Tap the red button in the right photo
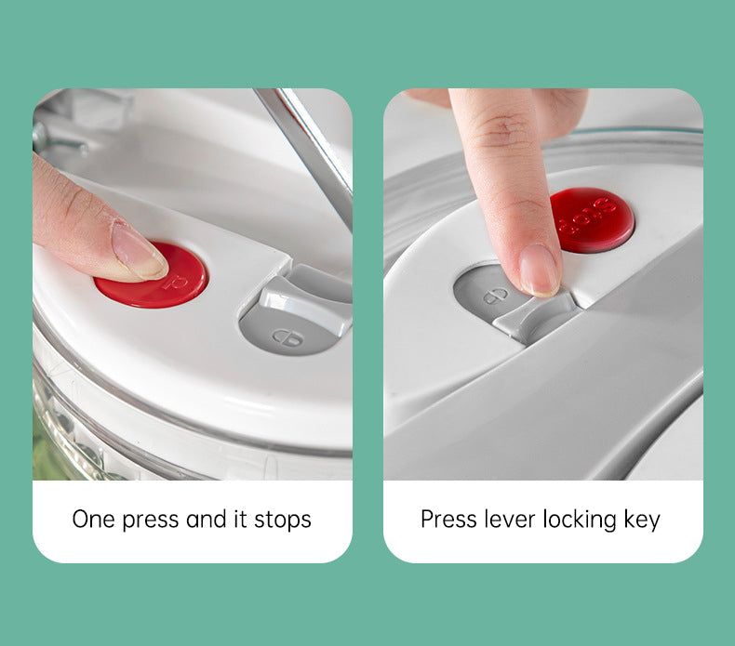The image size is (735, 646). (593, 219)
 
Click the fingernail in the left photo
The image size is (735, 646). (140, 252)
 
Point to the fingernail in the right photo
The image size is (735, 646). (540, 269)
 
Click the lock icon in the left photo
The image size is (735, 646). (286, 336)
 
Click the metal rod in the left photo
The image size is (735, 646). (305, 148)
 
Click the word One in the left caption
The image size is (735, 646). (95, 519)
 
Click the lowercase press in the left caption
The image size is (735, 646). (152, 519)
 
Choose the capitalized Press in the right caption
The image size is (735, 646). (448, 519)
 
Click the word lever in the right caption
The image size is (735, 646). (511, 519)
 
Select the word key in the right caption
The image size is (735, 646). (642, 519)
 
